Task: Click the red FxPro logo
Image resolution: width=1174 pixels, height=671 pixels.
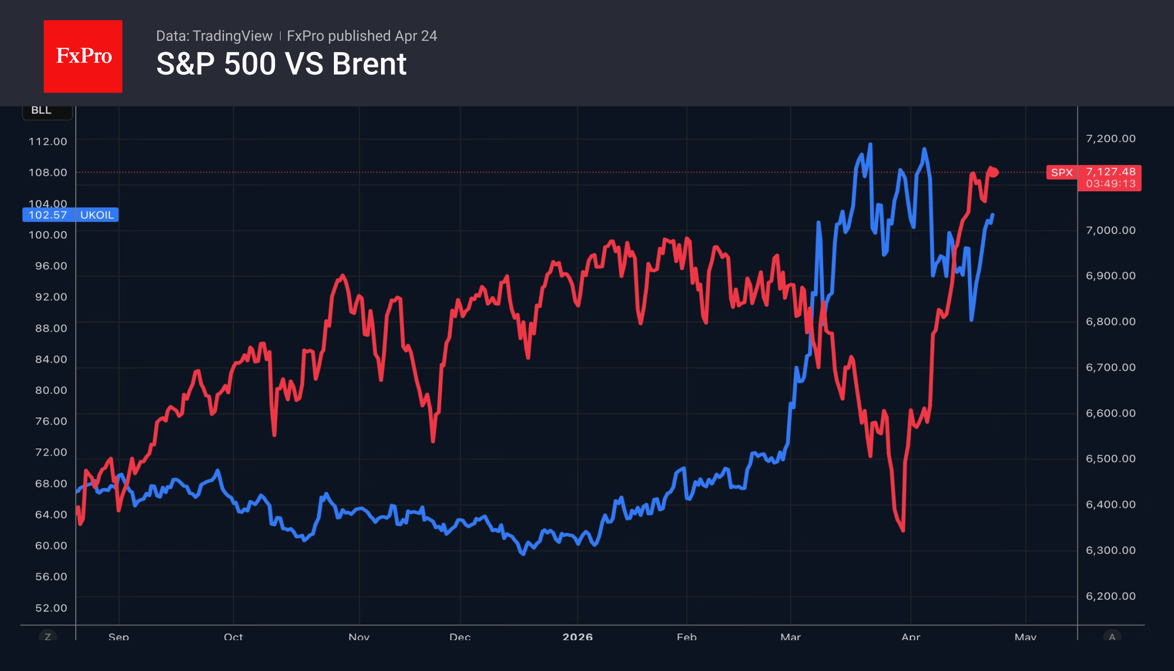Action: pyautogui.click(x=83, y=56)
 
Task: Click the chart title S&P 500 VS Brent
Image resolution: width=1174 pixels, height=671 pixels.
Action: pyautogui.click(x=281, y=64)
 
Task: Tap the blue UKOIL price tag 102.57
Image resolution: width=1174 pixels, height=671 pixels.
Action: pyautogui.click(x=48, y=215)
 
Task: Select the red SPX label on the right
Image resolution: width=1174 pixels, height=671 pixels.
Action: pyautogui.click(x=1061, y=173)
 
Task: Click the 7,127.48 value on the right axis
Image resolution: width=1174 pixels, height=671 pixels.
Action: pyautogui.click(x=1110, y=172)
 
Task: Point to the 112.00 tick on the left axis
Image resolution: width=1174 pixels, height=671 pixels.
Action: pyautogui.click(x=48, y=141)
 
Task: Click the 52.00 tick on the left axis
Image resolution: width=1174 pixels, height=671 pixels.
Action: pyautogui.click(x=51, y=608)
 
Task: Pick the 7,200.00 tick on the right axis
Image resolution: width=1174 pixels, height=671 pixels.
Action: pyautogui.click(x=1110, y=139)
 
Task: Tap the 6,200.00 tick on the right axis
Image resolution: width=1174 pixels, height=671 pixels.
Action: pyautogui.click(x=1110, y=596)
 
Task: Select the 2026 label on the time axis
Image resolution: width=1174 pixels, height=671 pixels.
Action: pyautogui.click(x=577, y=637)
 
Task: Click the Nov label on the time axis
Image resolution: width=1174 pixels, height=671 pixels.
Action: pyautogui.click(x=359, y=637)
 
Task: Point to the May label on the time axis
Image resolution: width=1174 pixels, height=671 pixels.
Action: pyautogui.click(x=1025, y=637)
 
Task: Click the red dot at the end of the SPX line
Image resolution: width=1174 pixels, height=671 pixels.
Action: pyautogui.click(x=994, y=172)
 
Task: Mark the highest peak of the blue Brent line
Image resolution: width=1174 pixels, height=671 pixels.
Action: pyautogui.click(x=870, y=145)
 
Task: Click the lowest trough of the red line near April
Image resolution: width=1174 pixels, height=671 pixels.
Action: pyautogui.click(x=903, y=530)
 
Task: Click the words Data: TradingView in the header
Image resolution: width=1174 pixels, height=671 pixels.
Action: pyautogui.click(x=214, y=36)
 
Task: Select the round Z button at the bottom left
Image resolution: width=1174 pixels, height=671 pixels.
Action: pyautogui.click(x=48, y=637)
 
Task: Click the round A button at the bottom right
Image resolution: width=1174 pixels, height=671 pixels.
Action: pyautogui.click(x=1112, y=637)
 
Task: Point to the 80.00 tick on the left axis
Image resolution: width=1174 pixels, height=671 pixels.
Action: pyautogui.click(x=51, y=390)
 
